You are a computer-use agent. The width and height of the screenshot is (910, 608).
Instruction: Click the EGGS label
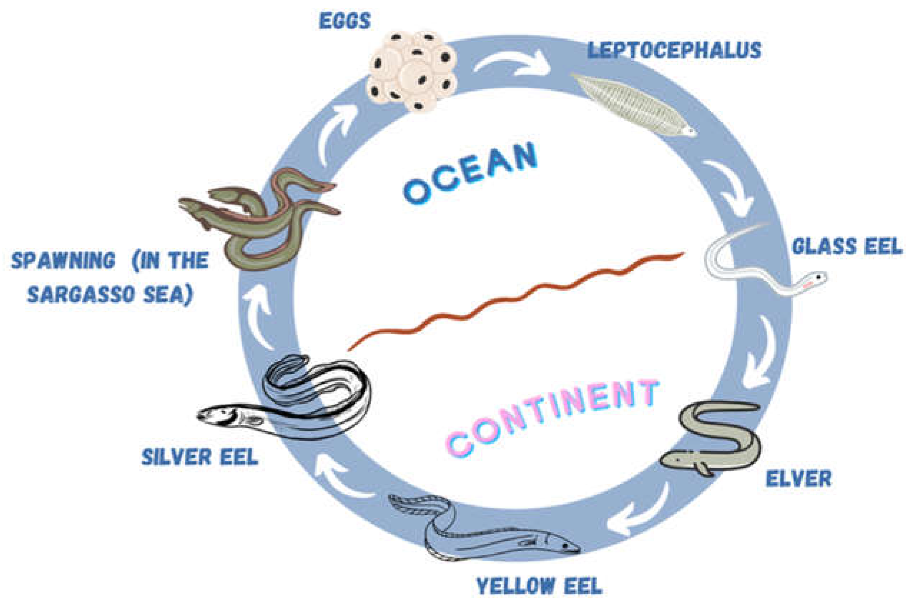point(345,21)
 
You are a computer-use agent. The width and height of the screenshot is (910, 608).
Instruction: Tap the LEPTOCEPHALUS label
point(674,51)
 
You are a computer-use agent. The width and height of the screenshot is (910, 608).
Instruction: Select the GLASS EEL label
point(847,246)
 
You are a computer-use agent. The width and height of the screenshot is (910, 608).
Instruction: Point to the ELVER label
point(798,478)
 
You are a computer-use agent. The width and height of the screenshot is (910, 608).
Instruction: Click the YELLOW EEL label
point(539,586)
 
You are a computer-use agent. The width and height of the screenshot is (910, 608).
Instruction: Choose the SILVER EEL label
point(200,457)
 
